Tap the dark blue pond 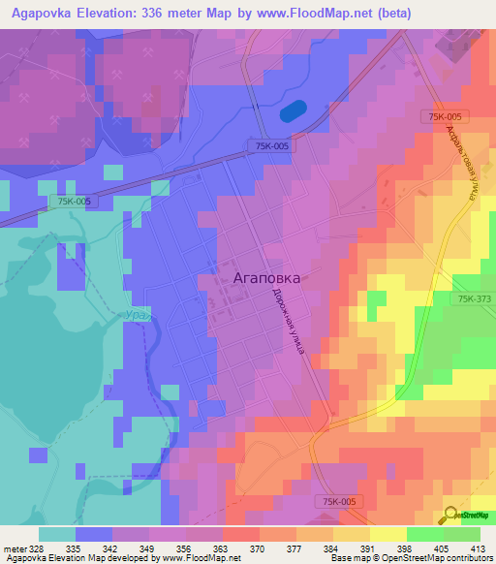click(x=294, y=110)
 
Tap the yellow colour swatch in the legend click(x=388, y=533)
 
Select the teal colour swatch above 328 click(x=57, y=533)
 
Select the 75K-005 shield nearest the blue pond click(x=270, y=146)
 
